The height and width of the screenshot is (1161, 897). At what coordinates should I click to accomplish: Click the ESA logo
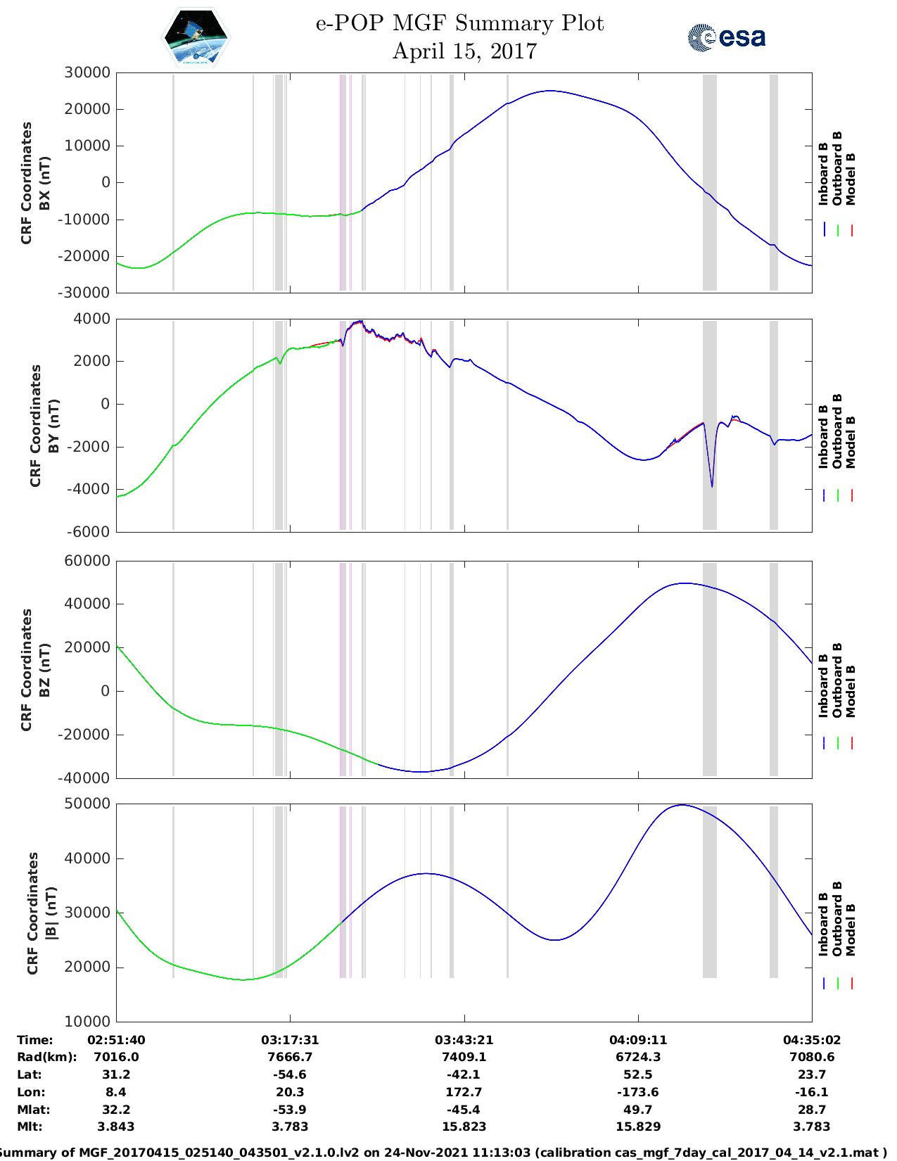pos(726,37)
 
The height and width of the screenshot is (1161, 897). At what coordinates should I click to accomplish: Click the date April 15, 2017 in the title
pos(464,51)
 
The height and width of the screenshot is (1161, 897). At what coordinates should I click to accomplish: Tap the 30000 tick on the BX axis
pos(87,72)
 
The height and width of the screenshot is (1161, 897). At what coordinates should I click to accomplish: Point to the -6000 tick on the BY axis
pos(89,532)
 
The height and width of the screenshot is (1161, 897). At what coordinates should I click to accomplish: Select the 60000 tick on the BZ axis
pos(87,561)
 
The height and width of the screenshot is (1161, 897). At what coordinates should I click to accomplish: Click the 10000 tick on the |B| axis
pos(87,1021)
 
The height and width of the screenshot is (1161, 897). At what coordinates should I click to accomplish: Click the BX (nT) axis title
pos(45,183)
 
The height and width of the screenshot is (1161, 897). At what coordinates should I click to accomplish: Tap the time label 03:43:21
pos(464,1040)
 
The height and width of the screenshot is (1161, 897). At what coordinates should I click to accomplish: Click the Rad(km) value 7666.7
pos(290,1057)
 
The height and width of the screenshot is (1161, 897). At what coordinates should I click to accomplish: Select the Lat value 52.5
pos(638,1074)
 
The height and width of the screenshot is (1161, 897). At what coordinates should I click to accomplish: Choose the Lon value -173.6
pos(638,1092)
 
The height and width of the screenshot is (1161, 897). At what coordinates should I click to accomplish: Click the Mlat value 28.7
pos(812,1110)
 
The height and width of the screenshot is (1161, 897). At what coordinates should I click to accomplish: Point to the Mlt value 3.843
pos(116,1127)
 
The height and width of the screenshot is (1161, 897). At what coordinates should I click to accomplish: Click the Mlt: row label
pos(30,1127)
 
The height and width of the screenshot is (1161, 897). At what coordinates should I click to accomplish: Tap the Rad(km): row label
pos(46,1057)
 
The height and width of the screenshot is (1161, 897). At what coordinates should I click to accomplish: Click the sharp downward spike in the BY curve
pos(712,484)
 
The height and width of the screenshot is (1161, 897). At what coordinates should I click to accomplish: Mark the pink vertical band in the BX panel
pos(343,182)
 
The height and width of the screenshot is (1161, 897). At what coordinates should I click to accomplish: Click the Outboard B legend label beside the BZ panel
pos(837,680)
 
